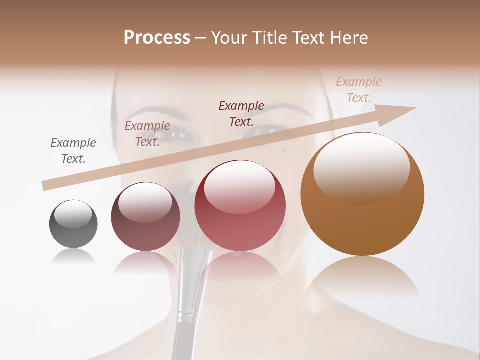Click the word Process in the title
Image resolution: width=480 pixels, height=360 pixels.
point(157,38)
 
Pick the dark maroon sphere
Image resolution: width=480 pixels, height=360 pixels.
point(145,217)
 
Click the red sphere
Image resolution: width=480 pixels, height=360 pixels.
point(240,206)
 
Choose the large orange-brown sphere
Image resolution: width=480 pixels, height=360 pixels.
point(362,194)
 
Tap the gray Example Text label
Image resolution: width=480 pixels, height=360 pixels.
point(73,151)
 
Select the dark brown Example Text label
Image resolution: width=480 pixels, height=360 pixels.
point(241,113)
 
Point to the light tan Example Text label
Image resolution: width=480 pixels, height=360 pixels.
point(359,89)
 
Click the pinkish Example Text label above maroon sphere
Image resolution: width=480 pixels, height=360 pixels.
point(147,133)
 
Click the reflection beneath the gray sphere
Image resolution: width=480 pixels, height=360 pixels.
point(73,257)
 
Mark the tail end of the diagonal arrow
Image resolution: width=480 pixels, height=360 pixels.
point(46,185)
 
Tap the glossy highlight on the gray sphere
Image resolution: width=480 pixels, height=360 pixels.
point(73,213)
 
